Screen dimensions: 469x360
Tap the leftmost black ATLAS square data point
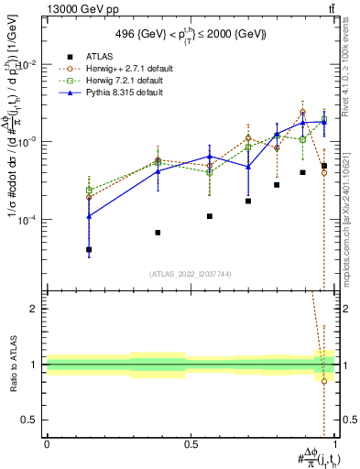[89, 249]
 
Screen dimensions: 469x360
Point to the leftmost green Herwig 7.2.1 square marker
[89, 190]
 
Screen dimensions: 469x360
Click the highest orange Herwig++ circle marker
[302, 112]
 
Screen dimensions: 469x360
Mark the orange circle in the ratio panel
[324, 381]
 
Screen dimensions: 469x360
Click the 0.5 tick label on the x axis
[191, 444]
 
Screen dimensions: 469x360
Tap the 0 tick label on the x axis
[47, 444]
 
